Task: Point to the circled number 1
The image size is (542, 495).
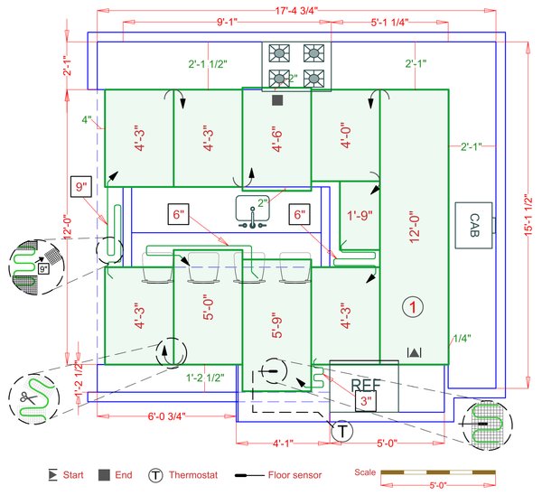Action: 413,308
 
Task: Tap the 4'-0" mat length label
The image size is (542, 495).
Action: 345,137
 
